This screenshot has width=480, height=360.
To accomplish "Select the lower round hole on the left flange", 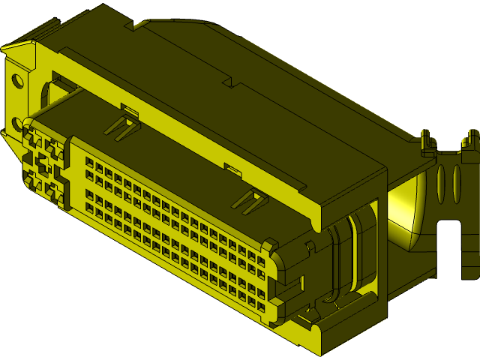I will click(x=16, y=122).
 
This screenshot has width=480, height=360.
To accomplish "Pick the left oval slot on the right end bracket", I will click(x=440, y=184).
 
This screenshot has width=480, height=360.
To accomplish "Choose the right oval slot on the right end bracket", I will click(x=457, y=184).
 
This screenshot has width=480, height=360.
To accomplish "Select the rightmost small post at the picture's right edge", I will click(x=472, y=139).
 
